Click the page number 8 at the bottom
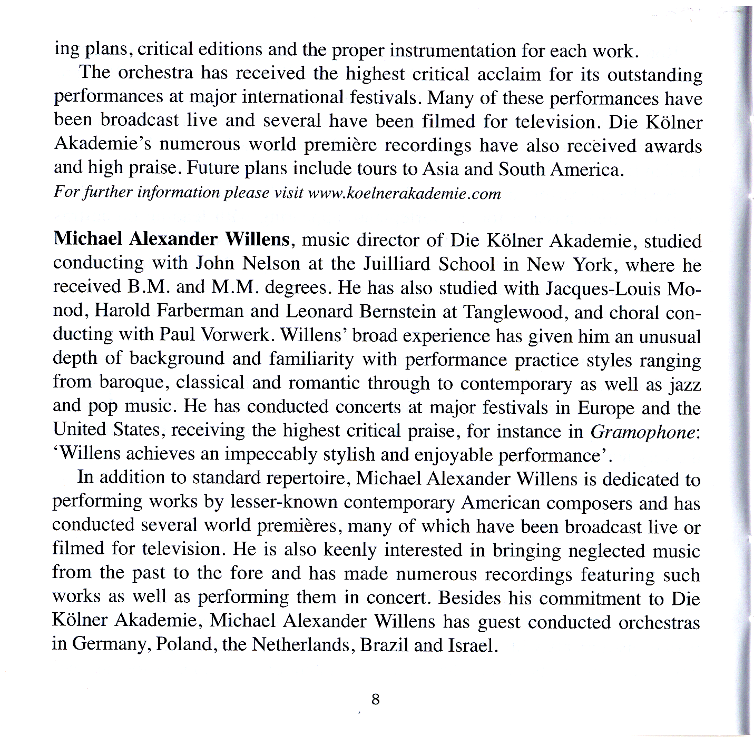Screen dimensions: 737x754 375,700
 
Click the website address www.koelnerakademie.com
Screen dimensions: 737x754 404,194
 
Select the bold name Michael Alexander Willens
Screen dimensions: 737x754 172,240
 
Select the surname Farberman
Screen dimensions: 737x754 200,312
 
